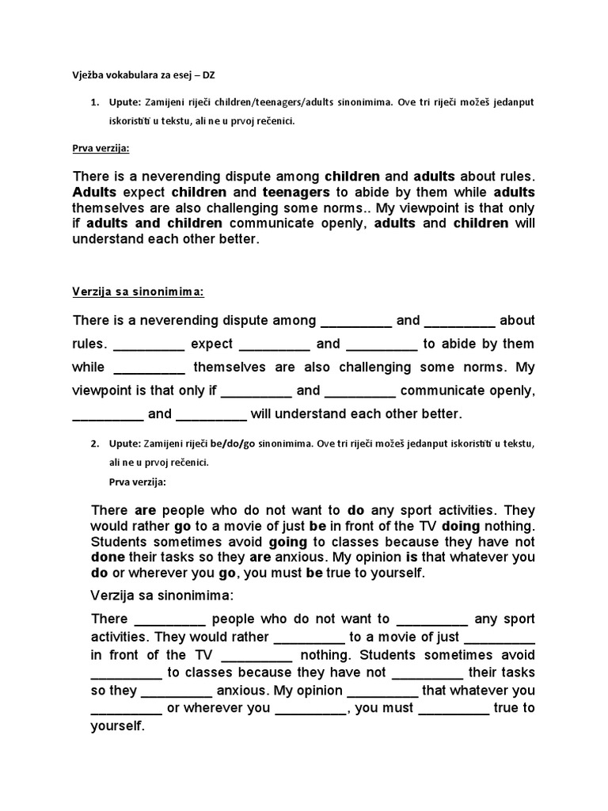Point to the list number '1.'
point(93,103)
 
